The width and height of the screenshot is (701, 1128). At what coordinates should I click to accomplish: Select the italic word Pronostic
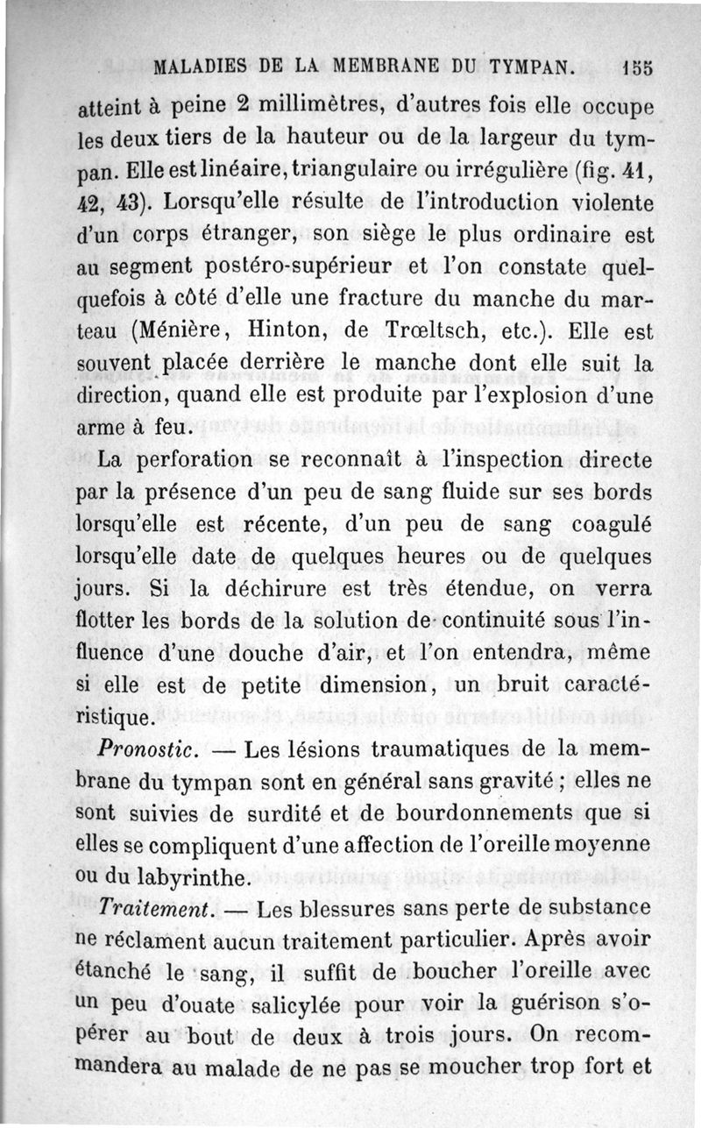[143, 751]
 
